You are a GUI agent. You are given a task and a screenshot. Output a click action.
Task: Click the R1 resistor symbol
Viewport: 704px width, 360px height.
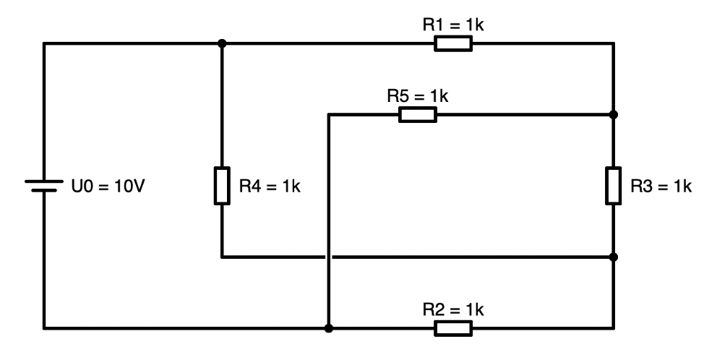453,43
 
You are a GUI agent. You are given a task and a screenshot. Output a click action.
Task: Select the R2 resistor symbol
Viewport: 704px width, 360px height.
453,329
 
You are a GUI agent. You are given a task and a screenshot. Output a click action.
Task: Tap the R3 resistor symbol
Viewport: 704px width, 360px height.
613,186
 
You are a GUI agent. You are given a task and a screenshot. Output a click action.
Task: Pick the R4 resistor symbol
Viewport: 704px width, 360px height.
222,186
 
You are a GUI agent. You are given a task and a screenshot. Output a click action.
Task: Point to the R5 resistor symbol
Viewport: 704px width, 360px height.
418,114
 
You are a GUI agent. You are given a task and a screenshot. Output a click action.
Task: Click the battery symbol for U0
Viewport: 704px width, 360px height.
44,186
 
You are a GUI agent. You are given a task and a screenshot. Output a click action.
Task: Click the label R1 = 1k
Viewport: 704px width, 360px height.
452,25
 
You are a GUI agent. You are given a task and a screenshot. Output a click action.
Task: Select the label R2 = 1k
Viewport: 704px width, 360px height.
452,310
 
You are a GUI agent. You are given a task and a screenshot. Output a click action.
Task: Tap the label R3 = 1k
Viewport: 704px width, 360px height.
661,186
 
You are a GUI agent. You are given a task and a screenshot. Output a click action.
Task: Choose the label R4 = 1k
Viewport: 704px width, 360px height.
270,186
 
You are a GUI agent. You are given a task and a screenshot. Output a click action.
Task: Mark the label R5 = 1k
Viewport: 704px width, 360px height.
418,95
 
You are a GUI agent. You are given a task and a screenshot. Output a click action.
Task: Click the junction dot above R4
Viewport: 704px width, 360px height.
222,43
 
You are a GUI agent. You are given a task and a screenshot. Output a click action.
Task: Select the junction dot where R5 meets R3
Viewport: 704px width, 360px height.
613,114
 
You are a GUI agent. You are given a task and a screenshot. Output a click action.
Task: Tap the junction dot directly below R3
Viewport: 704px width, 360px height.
613,257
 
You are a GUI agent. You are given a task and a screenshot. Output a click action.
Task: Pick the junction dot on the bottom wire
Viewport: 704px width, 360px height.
329,329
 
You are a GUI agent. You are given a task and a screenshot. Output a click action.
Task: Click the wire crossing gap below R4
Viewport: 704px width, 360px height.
329,257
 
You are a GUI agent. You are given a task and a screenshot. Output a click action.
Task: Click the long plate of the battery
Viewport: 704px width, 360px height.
44,181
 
